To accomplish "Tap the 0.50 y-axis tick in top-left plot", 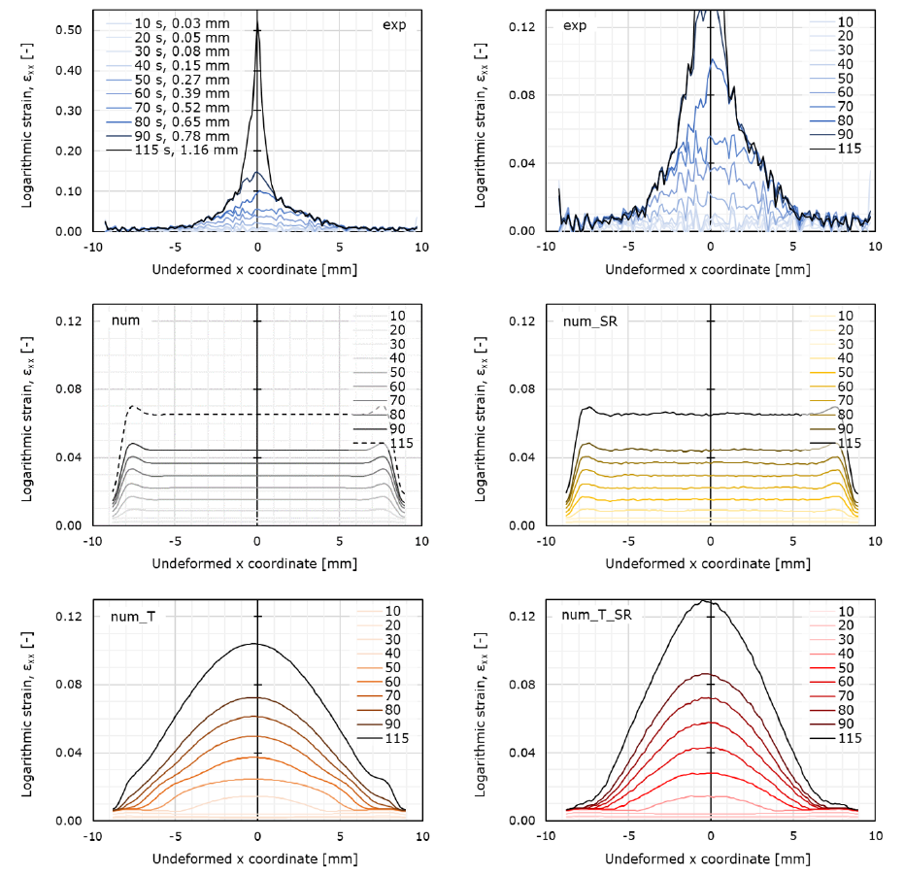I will point(68,29).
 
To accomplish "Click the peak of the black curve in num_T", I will point(255,644).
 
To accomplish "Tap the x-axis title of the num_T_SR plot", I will point(710,858).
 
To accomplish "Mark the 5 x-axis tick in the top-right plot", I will point(792,247).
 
